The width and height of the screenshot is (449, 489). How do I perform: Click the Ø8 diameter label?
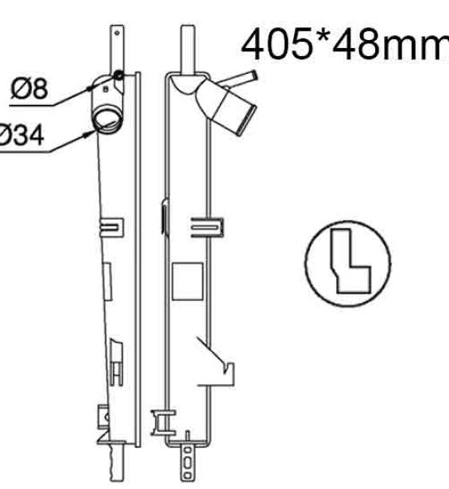point(30,88)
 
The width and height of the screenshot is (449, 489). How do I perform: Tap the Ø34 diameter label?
point(21,135)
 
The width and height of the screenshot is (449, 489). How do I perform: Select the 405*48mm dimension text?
point(345,44)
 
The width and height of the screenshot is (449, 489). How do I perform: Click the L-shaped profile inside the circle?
point(350,261)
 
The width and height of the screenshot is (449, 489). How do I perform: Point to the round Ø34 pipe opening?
point(107,120)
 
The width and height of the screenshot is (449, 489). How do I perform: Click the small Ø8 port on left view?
point(118,75)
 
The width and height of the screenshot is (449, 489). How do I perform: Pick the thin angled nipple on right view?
point(238,79)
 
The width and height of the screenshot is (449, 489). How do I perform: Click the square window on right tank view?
point(188,281)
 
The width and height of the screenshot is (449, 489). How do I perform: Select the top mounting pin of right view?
point(188,50)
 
